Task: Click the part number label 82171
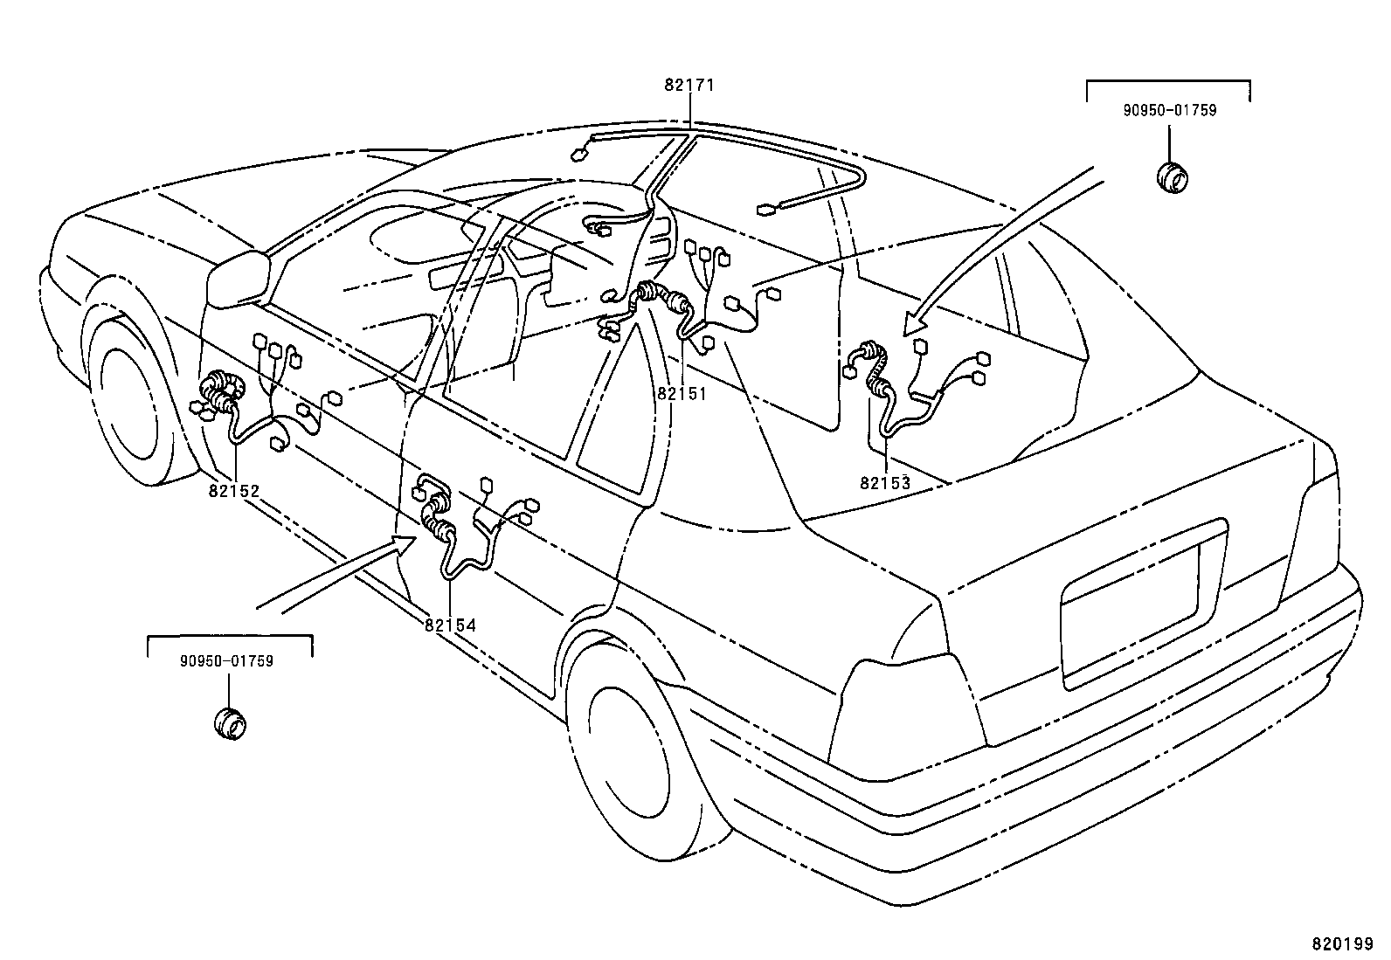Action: point(689,86)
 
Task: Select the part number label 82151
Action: point(682,394)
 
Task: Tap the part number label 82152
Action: point(234,491)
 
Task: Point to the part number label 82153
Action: point(884,482)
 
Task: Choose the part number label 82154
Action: point(450,625)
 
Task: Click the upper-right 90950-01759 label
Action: point(1169,111)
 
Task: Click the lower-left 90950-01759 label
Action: point(227,661)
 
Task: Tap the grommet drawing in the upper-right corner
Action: point(1171,176)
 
